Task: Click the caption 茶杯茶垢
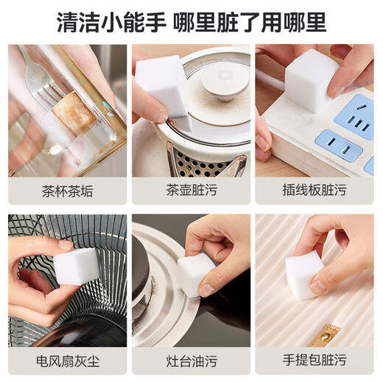(67, 191)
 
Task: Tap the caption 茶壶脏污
(191, 191)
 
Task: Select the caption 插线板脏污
(315, 191)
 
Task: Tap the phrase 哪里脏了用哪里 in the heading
(250, 22)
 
